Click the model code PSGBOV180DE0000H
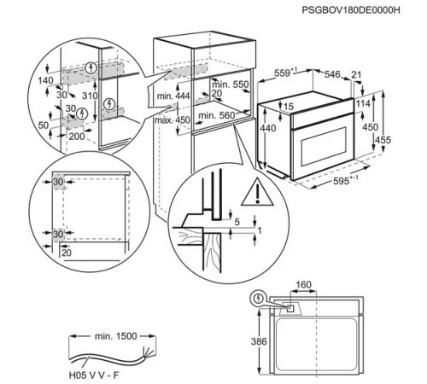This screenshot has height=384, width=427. (x=350, y=9)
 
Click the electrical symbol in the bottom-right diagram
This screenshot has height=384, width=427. (x=258, y=299)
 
